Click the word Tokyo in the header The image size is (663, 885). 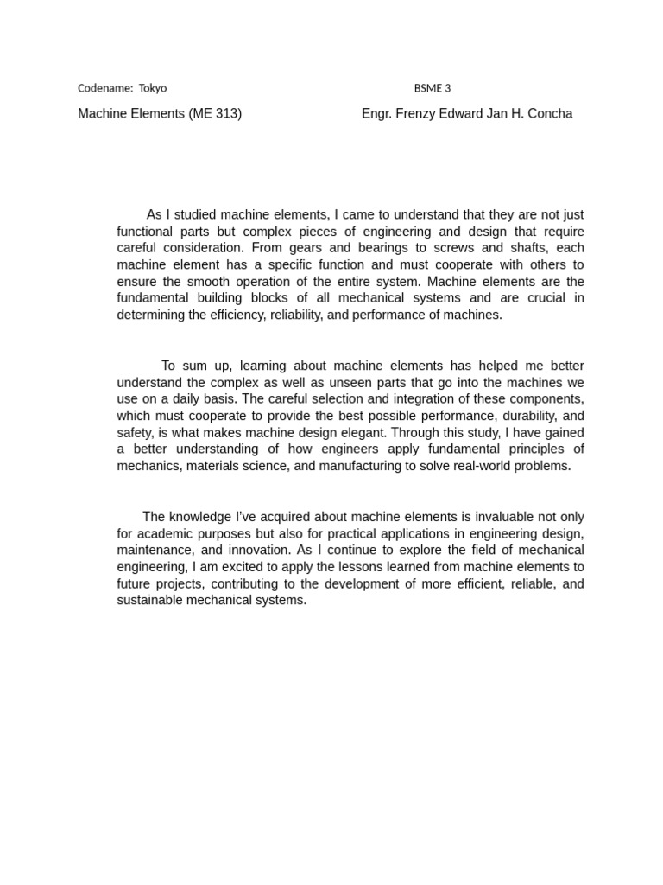[x=153, y=88]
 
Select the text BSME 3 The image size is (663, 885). [x=433, y=88]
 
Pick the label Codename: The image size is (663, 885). [x=105, y=88]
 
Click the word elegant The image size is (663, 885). [x=387, y=433]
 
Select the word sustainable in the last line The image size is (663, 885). [x=150, y=600]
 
